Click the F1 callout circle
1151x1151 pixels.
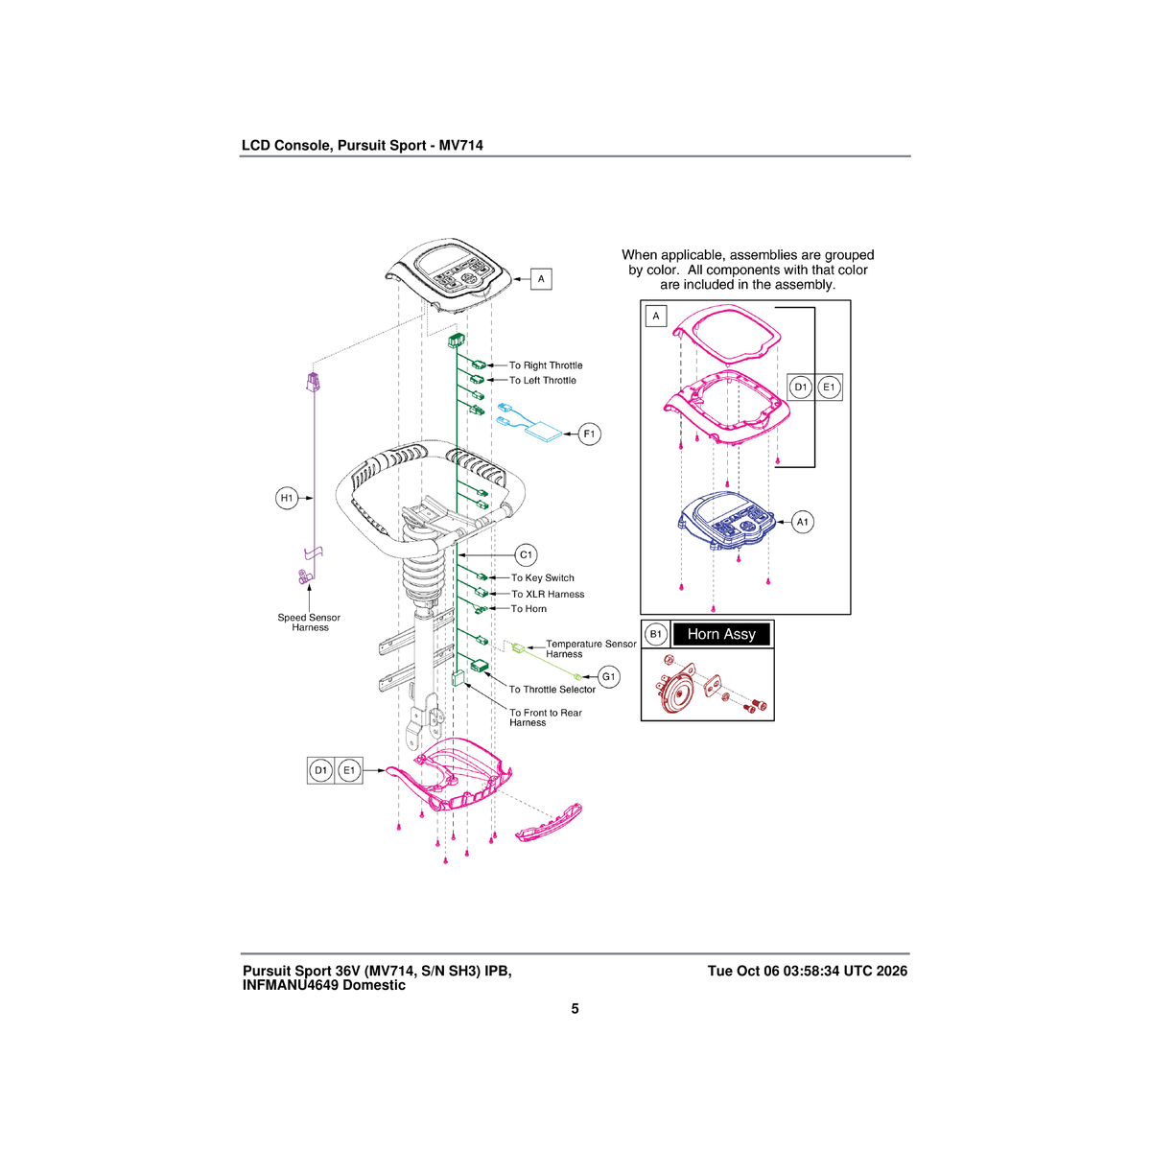pyautogui.click(x=589, y=434)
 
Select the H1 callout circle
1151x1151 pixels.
pyautogui.click(x=287, y=498)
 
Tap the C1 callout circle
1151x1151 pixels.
pyautogui.click(x=526, y=555)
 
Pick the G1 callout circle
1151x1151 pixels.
pyautogui.click(x=608, y=677)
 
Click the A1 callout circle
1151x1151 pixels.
pyautogui.click(x=802, y=522)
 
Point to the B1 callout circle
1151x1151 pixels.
pyautogui.click(x=656, y=634)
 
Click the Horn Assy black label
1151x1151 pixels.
pyautogui.click(x=721, y=634)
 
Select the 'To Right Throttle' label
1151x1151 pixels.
pyautogui.click(x=546, y=365)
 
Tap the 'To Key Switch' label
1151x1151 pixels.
pyautogui.click(x=542, y=578)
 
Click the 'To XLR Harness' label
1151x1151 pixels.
pyautogui.click(x=548, y=595)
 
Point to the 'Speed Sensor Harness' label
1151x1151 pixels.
pyautogui.click(x=309, y=622)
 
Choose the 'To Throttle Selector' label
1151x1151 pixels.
pyautogui.click(x=552, y=690)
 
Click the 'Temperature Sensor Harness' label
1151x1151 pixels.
pyautogui.click(x=591, y=648)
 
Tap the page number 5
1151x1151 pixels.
pyautogui.click(x=575, y=1009)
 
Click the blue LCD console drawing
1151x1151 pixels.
pyautogui.click(x=726, y=521)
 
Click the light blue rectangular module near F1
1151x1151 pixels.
pyautogui.click(x=543, y=432)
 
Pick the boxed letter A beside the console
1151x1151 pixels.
pyautogui.click(x=541, y=279)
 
